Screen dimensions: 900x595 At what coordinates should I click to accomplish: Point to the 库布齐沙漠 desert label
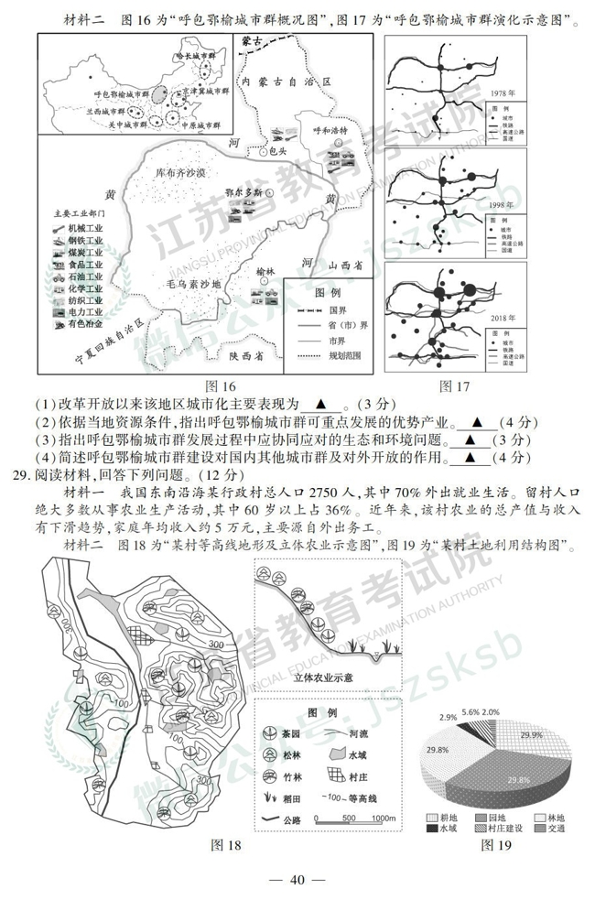(x=180, y=173)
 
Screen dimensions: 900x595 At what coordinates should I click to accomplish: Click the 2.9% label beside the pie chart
(x=449, y=717)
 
